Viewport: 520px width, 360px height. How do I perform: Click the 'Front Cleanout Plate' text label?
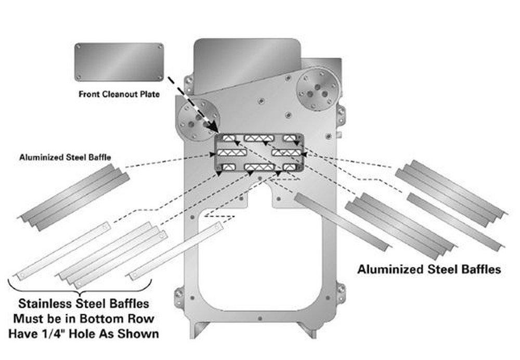coord(119,95)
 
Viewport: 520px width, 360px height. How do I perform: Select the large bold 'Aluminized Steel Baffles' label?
coord(429,269)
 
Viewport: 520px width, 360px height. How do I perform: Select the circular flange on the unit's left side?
coord(198,120)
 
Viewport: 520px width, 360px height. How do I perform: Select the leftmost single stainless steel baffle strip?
coord(62,251)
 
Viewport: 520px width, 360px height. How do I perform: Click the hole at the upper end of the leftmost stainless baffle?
coord(107,226)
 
